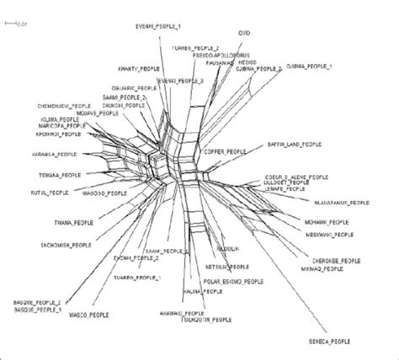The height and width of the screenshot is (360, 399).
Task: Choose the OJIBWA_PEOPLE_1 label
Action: coord(310,66)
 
